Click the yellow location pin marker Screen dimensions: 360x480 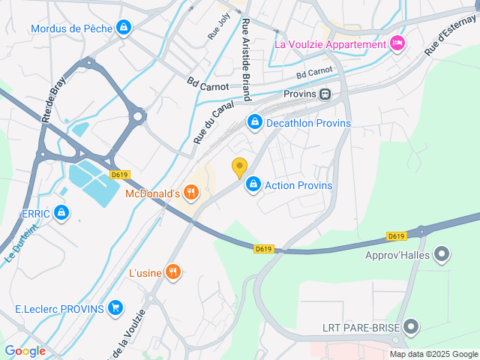tap(239, 168)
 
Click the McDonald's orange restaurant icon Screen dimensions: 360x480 tap(191, 193)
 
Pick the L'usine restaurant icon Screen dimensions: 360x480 tap(174, 271)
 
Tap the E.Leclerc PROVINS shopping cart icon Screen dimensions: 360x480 tap(115, 307)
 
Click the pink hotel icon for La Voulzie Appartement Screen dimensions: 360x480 tap(397, 43)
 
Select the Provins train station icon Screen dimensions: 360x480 tap(325, 94)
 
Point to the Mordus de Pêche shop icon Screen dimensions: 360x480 tap(124, 28)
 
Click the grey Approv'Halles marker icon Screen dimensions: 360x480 tap(442, 254)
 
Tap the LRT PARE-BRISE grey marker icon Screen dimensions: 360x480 tap(410, 326)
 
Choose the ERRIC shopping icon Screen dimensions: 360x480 tap(62, 214)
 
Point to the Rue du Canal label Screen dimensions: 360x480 tap(209, 124)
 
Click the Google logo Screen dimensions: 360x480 tap(25, 350)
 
